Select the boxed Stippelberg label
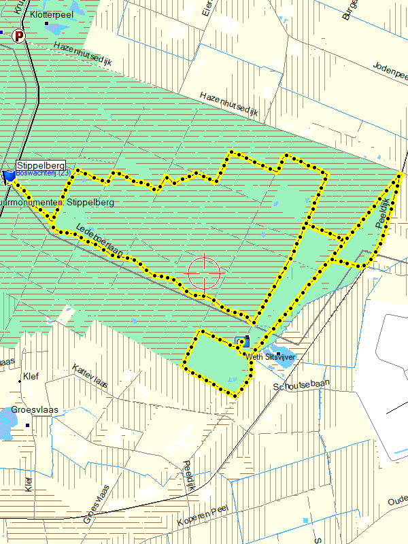[40, 165]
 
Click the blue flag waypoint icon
[9, 177]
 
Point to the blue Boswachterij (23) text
[43, 173]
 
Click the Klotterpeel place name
[50, 14]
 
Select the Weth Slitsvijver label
[272, 356]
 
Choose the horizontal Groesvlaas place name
[35, 410]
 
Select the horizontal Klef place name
[31, 375]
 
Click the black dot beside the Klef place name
[20, 381]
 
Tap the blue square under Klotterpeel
[47, 24]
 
